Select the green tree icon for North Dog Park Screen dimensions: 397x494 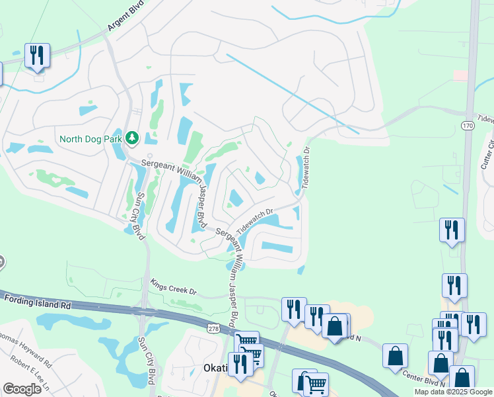point(131,138)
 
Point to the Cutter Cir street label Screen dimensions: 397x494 point(488,153)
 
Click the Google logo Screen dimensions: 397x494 point(22,388)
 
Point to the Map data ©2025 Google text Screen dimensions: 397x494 point(452,392)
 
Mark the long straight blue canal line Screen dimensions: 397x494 point(291,93)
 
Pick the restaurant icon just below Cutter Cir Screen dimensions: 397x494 point(452,230)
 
